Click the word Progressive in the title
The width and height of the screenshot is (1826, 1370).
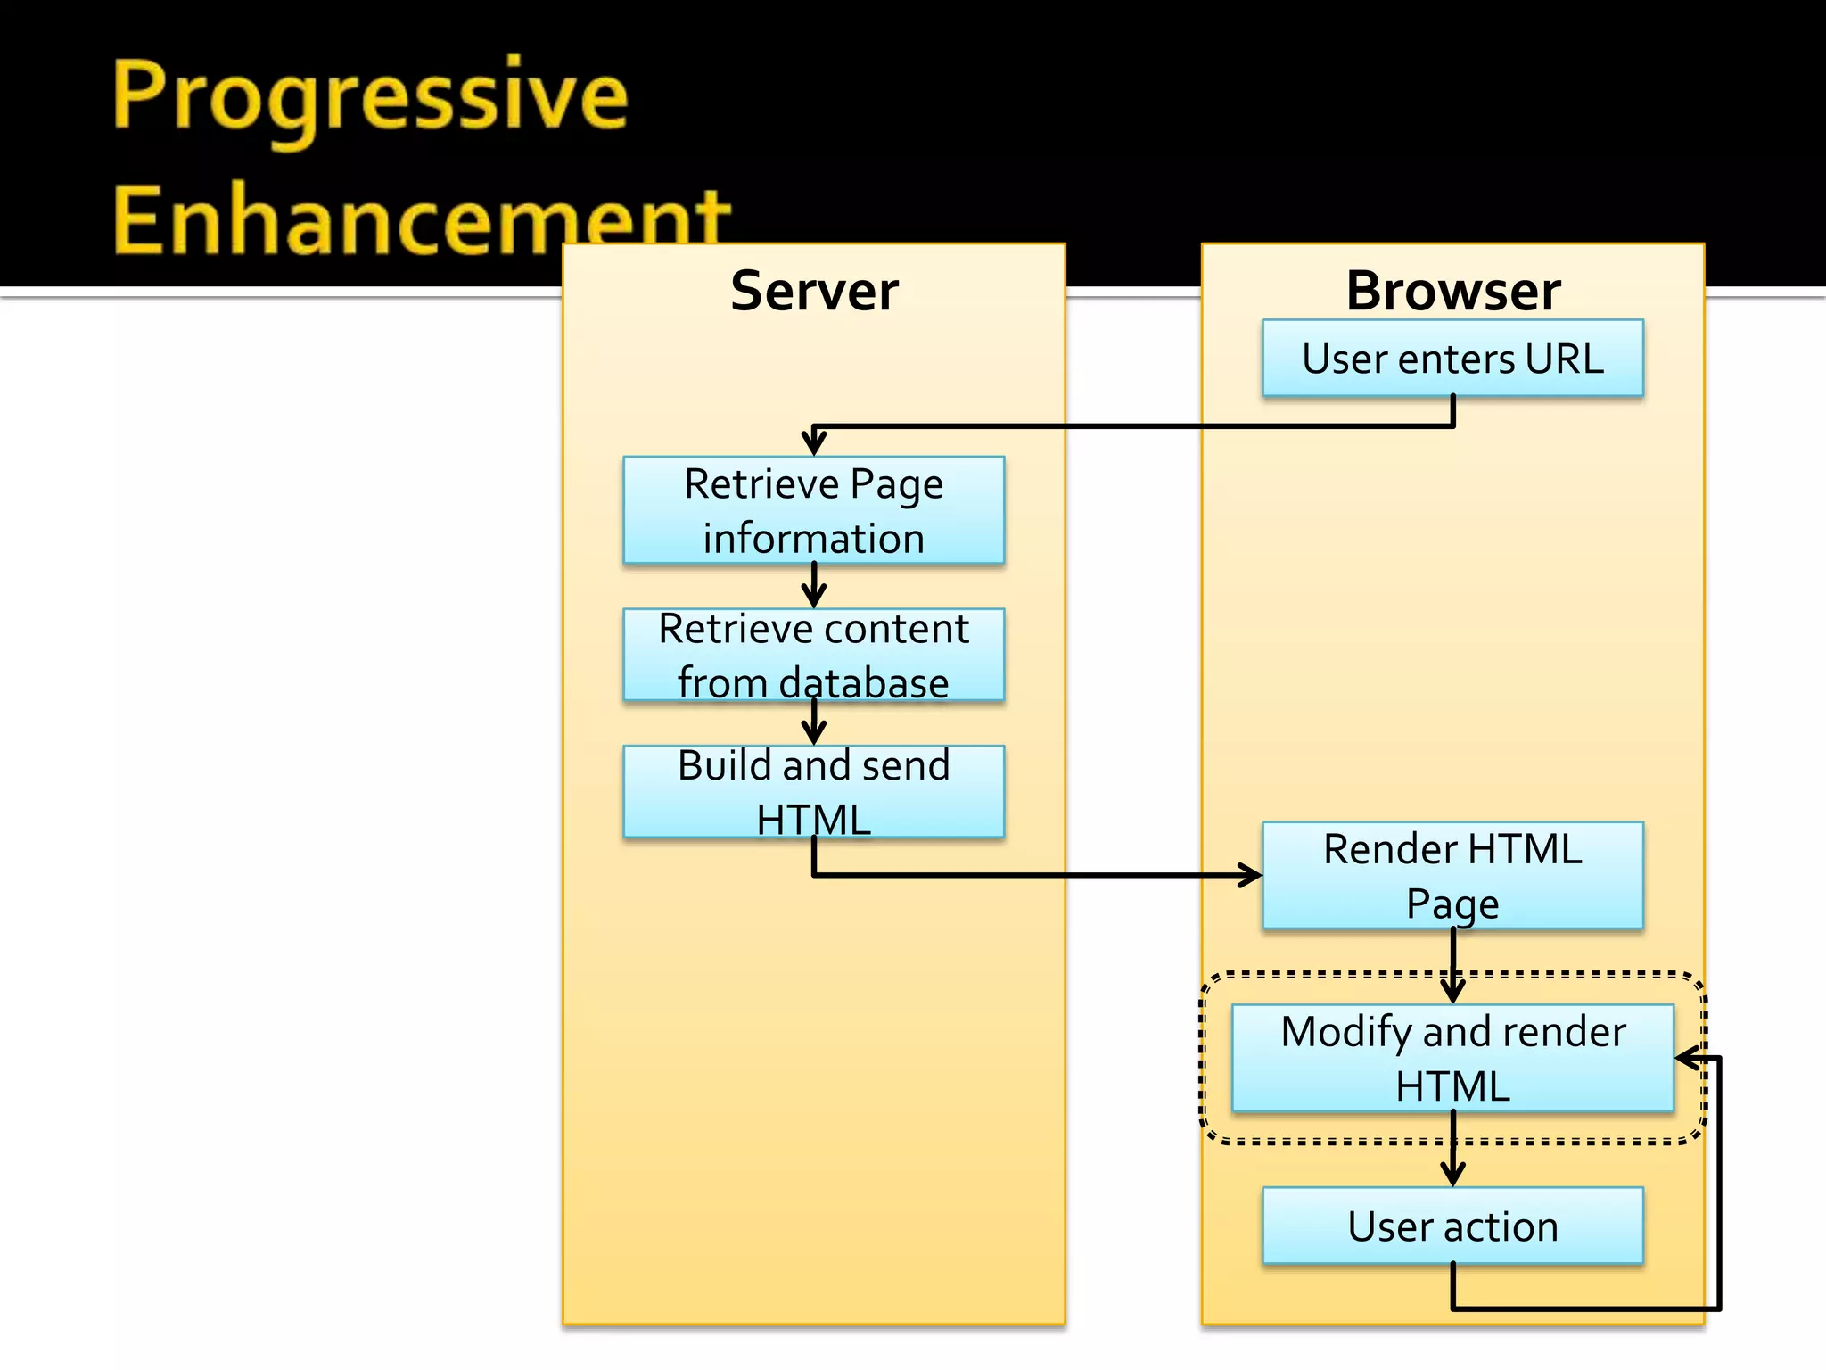pyautogui.click(x=370, y=98)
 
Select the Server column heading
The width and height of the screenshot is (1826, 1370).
pyautogui.click(x=814, y=291)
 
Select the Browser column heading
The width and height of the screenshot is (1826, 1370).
pyautogui.click(x=1452, y=291)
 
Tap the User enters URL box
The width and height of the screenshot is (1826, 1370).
pyautogui.click(x=1452, y=359)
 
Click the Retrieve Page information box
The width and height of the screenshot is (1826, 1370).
pyautogui.click(x=814, y=510)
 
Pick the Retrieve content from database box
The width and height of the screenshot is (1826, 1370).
pyautogui.click(x=814, y=656)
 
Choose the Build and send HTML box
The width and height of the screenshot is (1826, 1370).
pyautogui.click(x=814, y=792)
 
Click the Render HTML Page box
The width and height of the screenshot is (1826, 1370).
pyautogui.click(x=1452, y=876)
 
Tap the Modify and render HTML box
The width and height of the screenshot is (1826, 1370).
pyautogui.click(x=1452, y=1059)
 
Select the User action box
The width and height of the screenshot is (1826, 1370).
pyautogui.click(x=1452, y=1226)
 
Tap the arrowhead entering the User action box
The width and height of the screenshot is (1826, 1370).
pyautogui.click(x=1452, y=1174)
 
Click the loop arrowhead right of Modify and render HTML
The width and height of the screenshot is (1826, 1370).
pyautogui.click(x=1687, y=1059)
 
